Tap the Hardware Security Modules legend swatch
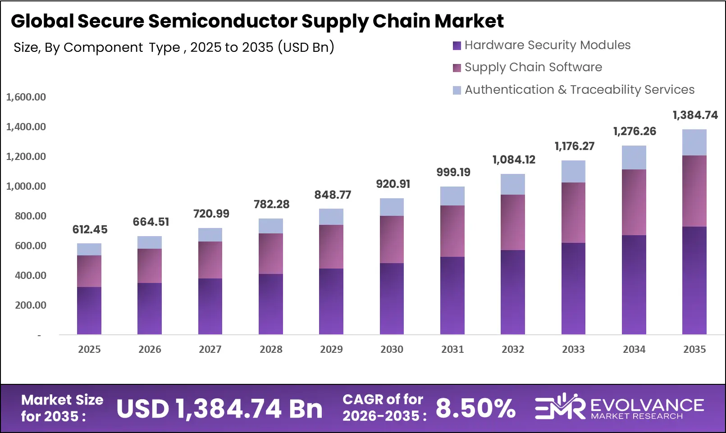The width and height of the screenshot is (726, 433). coord(457,46)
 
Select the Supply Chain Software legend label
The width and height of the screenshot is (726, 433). coord(533,67)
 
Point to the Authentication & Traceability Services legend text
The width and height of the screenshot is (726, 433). coord(580,90)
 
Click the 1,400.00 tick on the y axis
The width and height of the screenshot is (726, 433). coord(26,127)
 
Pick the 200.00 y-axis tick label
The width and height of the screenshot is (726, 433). coord(31,305)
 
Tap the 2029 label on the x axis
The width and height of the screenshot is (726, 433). coord(331,349)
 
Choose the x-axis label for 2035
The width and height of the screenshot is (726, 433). coord(694,349)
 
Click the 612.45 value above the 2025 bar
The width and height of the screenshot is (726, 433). coord(90,229)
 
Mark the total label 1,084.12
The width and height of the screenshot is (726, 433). coord(513,160)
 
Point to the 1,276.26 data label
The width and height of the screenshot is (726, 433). coord(634,131)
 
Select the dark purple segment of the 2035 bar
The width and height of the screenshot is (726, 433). coord(694,279)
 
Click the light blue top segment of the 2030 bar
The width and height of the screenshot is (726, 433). coord(392,207)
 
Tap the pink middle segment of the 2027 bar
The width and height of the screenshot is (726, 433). coord(210,260)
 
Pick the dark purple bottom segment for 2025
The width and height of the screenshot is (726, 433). coord(89,310)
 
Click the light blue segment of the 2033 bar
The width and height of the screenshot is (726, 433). coord(573,171)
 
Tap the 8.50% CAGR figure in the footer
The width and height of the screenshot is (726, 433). coord(475,408)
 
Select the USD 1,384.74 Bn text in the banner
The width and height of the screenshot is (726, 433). coord(219,409)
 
